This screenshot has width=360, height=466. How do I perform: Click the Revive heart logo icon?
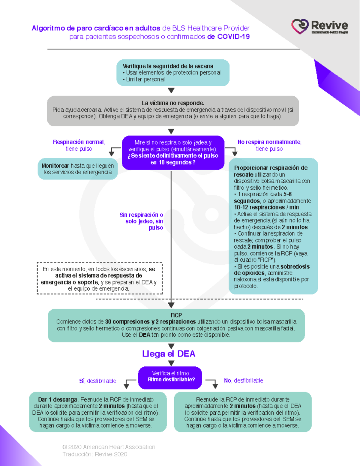[x=300, y=26]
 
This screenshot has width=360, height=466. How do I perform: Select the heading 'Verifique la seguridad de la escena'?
[x=168, y=66]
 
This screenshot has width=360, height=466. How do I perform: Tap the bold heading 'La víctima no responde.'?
[x=173, y=103]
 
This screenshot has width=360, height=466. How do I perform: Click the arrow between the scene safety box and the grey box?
[x=171, y=90]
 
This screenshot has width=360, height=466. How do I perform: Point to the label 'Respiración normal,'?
[x=79, y=142]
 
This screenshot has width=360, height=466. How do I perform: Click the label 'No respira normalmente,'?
[x=269, y=142]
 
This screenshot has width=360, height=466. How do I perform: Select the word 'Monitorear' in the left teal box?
[x=55, y=166]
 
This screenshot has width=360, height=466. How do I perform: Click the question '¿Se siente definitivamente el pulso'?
[x=173, y=156]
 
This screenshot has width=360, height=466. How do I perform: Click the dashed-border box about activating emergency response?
[x=100, y=278]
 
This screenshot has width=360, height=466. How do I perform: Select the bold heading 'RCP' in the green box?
[x=176, y=315]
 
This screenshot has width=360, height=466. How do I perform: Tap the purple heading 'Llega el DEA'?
[x=169, y=354]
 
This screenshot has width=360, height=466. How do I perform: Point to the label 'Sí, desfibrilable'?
[x=97, y=381]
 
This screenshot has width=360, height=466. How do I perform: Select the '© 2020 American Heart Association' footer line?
[x=109, y=447]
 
